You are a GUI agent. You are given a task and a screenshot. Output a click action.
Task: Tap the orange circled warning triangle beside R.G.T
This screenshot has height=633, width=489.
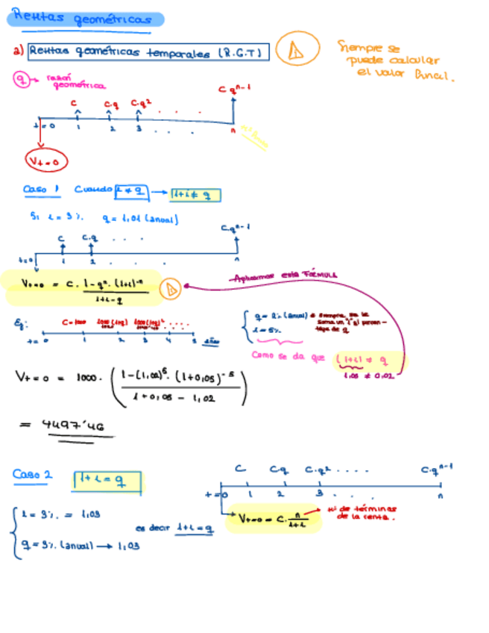point(295,50)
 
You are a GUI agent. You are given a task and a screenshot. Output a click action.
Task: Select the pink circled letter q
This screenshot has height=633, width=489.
point(23,79)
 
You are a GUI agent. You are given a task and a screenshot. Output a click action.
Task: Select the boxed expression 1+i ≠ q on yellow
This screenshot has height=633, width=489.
point(195,195)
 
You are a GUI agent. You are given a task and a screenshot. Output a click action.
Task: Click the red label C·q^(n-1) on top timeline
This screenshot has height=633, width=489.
point(234,89)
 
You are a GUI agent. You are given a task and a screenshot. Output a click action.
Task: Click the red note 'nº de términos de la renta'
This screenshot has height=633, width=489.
point(366,512)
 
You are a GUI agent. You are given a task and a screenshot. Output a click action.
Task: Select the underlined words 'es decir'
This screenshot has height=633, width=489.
point(152,527)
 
